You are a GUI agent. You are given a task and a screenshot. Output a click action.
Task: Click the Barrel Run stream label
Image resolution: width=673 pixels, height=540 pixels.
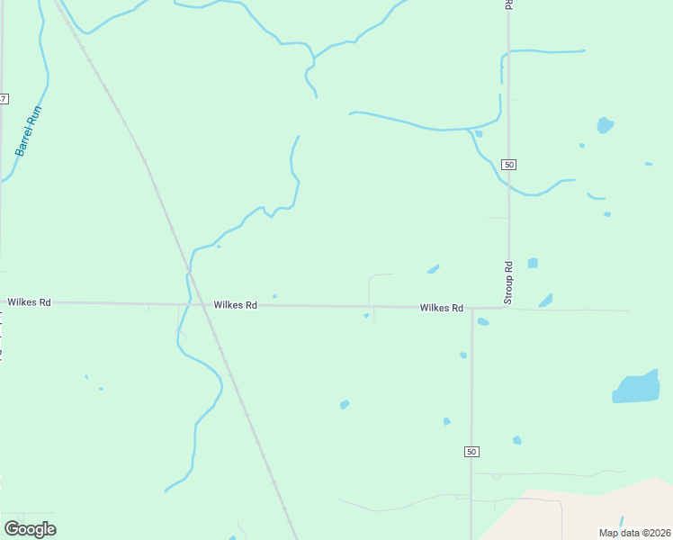[x=29, y=131]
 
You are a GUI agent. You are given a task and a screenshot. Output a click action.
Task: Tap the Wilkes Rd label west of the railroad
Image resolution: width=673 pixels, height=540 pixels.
[x=29, y=302]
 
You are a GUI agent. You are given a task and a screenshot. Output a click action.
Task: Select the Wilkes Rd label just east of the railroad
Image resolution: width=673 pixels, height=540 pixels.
[x=236, y=305]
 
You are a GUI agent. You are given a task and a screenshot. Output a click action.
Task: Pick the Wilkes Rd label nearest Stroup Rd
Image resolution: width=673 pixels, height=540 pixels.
[x=441, y=308]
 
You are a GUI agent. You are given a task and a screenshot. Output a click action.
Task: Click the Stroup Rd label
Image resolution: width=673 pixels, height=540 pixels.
[x=508, y=282]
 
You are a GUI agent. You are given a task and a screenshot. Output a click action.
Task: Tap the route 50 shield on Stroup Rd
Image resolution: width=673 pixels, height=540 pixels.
[x=509, y=165]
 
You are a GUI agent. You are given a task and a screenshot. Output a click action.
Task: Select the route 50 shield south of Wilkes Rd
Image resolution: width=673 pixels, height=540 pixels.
[x=471, y=451]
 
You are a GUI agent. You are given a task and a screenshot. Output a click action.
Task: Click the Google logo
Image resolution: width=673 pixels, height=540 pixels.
[x=31, y=529]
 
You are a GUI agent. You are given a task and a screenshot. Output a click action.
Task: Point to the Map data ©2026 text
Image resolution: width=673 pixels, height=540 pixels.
[x=634, y=533]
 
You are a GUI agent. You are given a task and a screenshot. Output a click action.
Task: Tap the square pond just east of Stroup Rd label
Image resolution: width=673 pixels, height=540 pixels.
[x=533, y=263]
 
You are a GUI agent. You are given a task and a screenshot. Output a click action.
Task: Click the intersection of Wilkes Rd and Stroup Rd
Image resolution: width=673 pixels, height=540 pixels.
[x=508, y=308]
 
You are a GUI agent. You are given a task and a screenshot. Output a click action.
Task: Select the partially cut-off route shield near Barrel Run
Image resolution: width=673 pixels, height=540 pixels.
[x=4, y=97]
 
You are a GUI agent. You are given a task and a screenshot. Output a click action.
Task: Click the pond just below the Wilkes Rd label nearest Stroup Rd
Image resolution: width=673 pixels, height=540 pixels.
[x=482, y=321]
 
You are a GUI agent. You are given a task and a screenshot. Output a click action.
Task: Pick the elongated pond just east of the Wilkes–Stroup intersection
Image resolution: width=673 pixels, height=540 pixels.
[x=545, y=301]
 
